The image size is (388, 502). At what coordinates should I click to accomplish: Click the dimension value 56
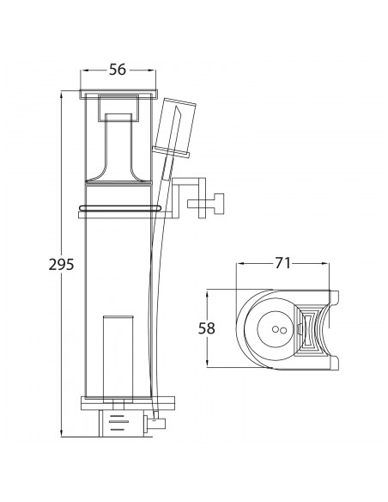tap(118, 70)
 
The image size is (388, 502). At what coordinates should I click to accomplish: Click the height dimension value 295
tap(61, 265)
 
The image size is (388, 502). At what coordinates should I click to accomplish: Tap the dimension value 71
tap(283, 263)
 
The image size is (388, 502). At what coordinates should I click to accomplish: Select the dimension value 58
tap(207, 328)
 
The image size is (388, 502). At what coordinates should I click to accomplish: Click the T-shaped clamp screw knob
tap(206, 204)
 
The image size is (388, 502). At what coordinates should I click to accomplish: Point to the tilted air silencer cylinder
tap(174, 127)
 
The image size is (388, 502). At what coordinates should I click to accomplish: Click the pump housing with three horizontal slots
tap(121, 423)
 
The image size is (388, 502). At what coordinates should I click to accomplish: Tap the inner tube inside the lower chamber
tap(118, 358)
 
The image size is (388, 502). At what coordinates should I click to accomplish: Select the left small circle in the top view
tap(276, 329)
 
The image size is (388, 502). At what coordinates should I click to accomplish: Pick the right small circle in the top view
tap(283, 331)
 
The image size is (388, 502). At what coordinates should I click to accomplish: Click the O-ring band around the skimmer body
tap(119, 208)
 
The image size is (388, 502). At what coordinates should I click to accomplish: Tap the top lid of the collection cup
tap(118, 95)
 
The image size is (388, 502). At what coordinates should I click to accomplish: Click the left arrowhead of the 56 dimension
tap(84, 70)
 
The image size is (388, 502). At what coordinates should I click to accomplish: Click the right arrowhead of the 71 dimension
tap(325, 264)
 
